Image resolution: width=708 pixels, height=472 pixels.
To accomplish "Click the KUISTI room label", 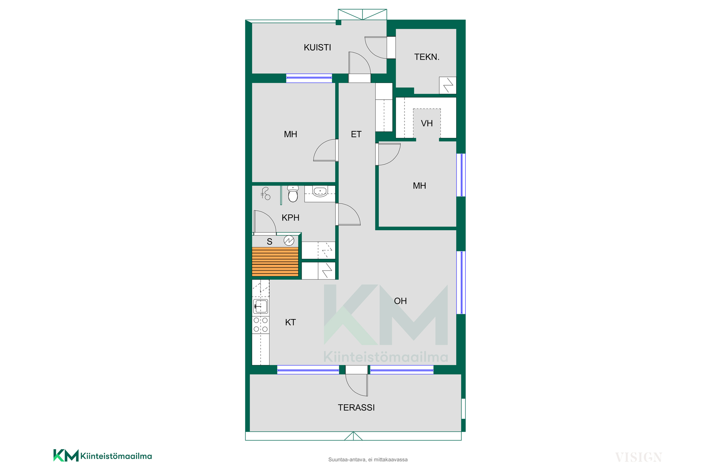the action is pyautogui.click(x=317, y=48).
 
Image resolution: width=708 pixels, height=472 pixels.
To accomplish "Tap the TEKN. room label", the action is pyautogui.click(x=427, y=57).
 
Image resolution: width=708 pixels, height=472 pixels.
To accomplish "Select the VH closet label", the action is pyautogui.click(x=427, y=124).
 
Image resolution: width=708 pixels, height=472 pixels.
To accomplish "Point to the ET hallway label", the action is pyautogui.click(x=356, y=135).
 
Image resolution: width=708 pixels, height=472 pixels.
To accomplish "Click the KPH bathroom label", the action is pyautogui.click(x=290, y=218).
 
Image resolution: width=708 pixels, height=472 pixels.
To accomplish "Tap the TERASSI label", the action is pyautogui.click(x=356, y=408).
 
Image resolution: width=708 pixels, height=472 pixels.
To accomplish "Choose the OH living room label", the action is pyautogui.click(x=400, y=301).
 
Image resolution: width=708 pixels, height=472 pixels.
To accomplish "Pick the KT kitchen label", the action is pyautogui.click(x=290, y=323).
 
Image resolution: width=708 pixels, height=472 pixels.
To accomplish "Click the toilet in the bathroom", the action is pyautogui.click(x=293, y=194).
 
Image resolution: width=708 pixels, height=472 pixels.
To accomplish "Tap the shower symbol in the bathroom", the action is pyautogui.click(x=265, y=194).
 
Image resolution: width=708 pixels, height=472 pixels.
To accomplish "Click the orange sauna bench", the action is pyautogui.click(x=275, y=262).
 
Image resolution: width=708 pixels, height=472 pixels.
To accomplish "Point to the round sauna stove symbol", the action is pyautogui.click(x=289, y=241).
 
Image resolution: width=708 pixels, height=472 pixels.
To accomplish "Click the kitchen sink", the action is pyautogui.click(x=260, y=306).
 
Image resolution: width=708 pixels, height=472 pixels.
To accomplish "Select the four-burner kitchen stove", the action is pyautogui.click(x=260, y=324).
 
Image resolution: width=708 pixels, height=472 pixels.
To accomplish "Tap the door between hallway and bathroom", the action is pyautogui.click(x=348, y=214).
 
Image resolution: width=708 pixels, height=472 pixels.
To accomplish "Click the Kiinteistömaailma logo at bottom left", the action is pyautogui.click(x=103, y=456).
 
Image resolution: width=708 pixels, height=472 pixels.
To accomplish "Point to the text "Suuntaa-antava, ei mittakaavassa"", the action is pyautogui.click(x=368, y=460).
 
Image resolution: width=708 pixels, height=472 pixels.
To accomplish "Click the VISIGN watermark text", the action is pyautogui.click(x=639, y=458).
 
